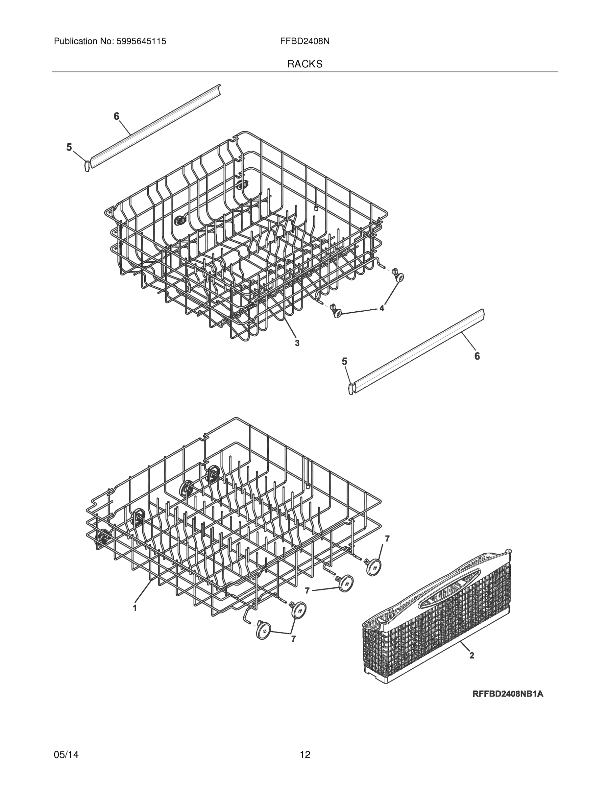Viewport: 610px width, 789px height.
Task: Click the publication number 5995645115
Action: click(141, 41)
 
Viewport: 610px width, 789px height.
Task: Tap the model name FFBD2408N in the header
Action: click(305, 41)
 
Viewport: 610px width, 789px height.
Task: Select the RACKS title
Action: click(305, 64)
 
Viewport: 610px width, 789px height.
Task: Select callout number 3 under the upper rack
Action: click(297, 343)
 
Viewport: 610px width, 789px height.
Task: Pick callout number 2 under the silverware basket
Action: click(472, 655)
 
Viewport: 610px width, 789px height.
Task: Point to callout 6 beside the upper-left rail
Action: click(116, 116)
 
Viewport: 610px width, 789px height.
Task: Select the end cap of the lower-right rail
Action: click(350, 389)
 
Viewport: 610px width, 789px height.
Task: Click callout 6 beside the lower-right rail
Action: click(477, 356)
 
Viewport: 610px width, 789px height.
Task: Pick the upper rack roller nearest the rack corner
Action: click(399, 277)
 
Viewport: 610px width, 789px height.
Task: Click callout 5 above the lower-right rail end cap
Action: click(344, 361)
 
